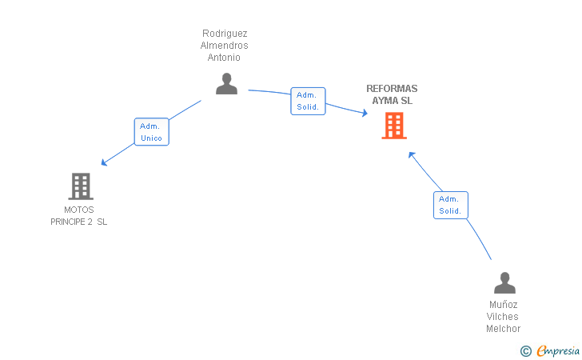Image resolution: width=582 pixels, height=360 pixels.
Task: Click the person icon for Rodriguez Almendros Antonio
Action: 226,83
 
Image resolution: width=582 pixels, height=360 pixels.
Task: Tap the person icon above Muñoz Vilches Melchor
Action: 504,282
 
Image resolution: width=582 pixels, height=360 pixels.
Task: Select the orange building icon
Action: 394,126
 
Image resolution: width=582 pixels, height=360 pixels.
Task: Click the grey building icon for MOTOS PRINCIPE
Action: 81,186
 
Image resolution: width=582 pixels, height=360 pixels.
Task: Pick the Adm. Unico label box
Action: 151,132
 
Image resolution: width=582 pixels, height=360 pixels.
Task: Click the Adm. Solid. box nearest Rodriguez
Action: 308,101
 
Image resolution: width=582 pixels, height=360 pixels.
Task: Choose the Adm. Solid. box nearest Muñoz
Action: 451,205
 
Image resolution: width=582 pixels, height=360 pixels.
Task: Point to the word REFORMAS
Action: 392,89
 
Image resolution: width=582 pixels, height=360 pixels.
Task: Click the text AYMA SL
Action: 393,101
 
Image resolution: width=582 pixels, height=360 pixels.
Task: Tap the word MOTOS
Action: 79,210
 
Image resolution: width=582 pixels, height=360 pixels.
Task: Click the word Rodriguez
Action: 225,34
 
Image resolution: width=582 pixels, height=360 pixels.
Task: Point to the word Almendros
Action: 224,46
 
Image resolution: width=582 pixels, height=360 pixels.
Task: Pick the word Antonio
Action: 224,58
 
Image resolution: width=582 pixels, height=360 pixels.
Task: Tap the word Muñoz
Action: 504,305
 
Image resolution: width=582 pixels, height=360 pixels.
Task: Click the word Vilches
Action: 503,317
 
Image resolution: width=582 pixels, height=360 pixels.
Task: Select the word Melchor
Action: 504,329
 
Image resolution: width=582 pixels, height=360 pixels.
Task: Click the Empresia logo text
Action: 558,350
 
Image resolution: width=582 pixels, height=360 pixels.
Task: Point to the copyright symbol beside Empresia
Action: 526,351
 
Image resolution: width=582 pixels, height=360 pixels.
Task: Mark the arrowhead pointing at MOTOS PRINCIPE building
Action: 104,162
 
